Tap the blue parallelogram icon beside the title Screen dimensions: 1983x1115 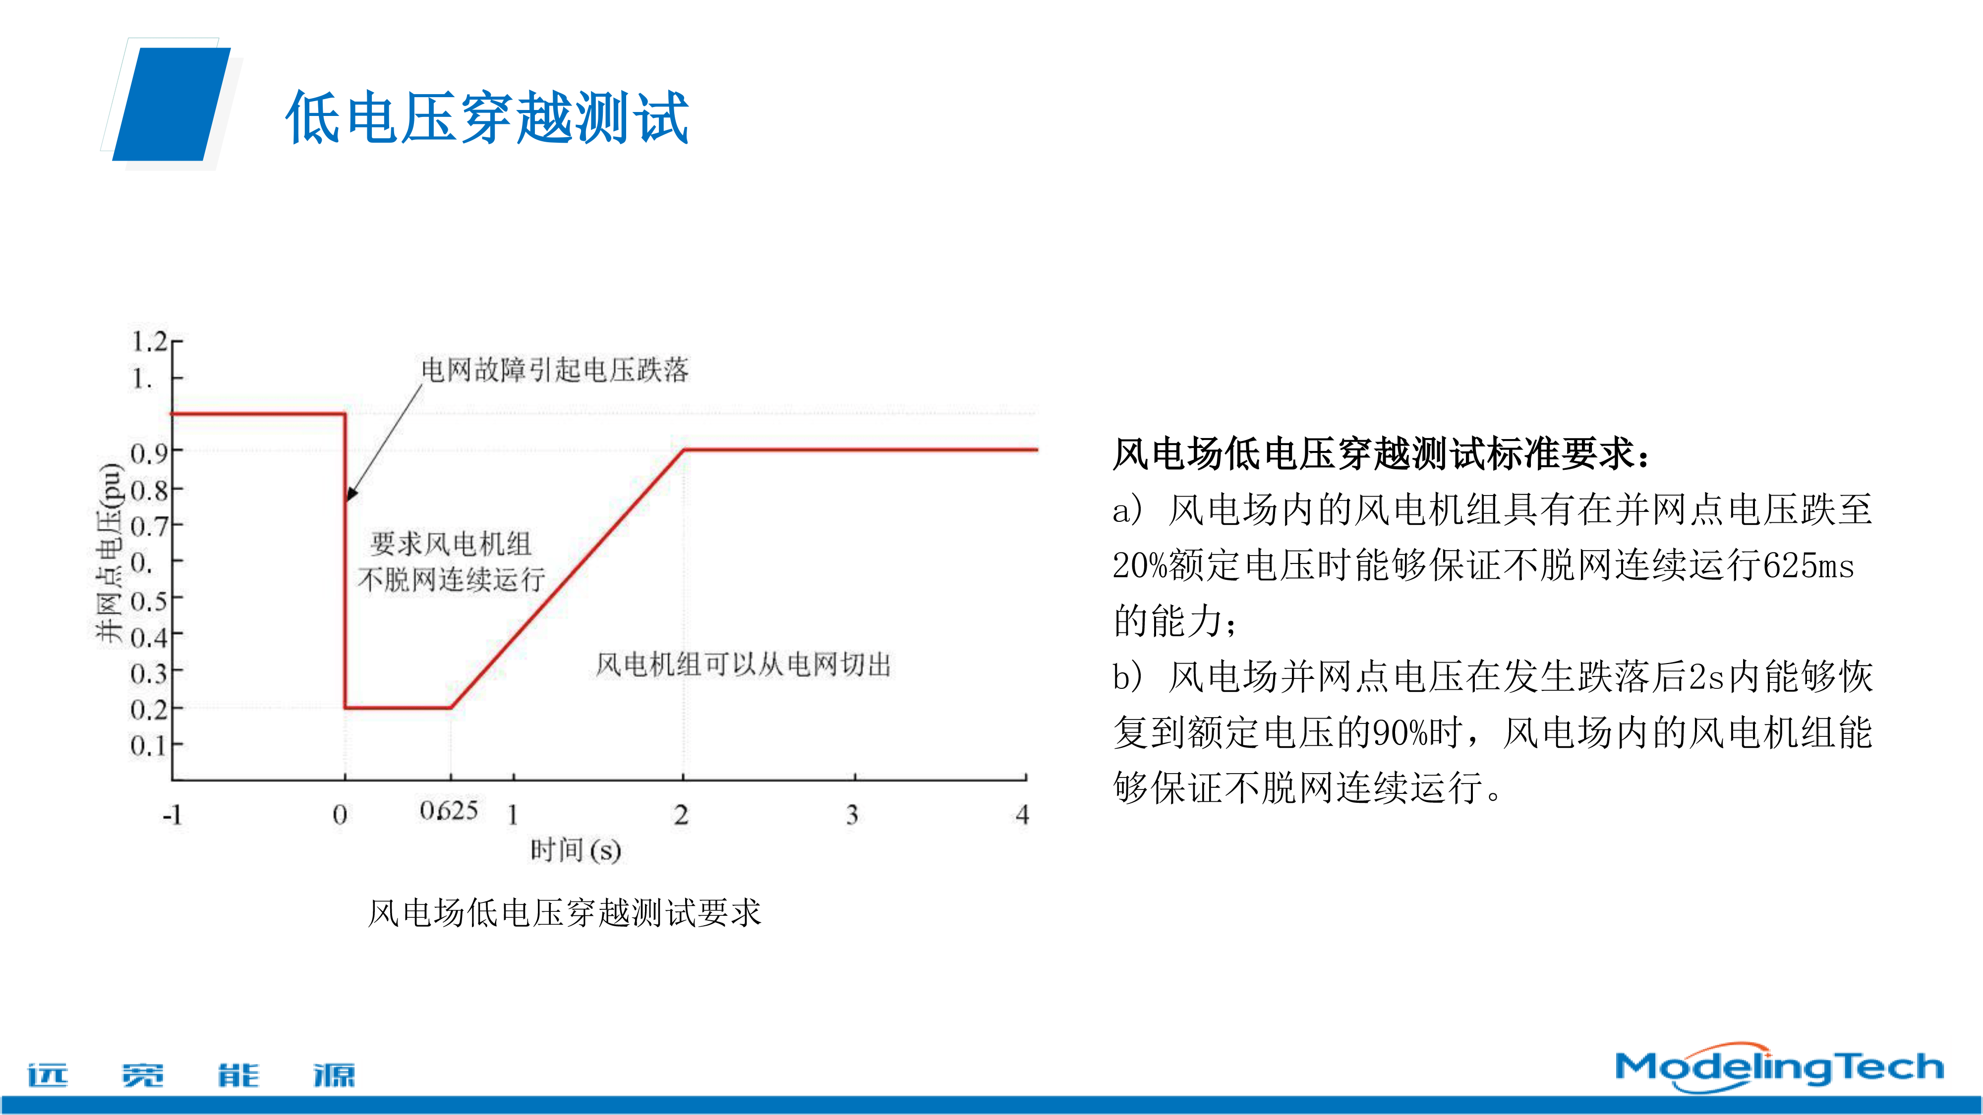tap(172, 104)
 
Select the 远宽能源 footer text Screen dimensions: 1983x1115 tap(191, 1074)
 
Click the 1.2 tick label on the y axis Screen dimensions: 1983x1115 tap(149, 341)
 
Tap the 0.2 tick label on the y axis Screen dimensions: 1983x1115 tap(149, 709)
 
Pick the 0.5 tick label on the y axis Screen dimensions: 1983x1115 tap(149, 600)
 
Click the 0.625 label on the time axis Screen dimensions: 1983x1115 tap(449, 810)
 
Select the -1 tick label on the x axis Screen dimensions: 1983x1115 tap(173, 814)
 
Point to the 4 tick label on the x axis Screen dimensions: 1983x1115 tap(1022, 814)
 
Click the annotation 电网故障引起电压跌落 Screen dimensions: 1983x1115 tap(554, 370)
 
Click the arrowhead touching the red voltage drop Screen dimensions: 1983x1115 tap(350, 493)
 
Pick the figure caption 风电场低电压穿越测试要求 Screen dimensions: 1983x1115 tap(564, 913)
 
